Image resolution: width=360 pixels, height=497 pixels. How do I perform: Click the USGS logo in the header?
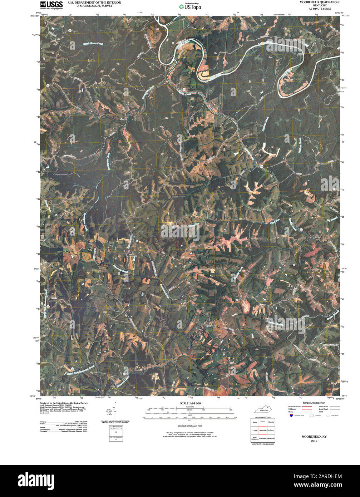point(51,5)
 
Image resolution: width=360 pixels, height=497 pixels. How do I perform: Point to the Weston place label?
point(133,256)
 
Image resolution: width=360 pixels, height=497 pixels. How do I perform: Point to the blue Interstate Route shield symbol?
point(291,415)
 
